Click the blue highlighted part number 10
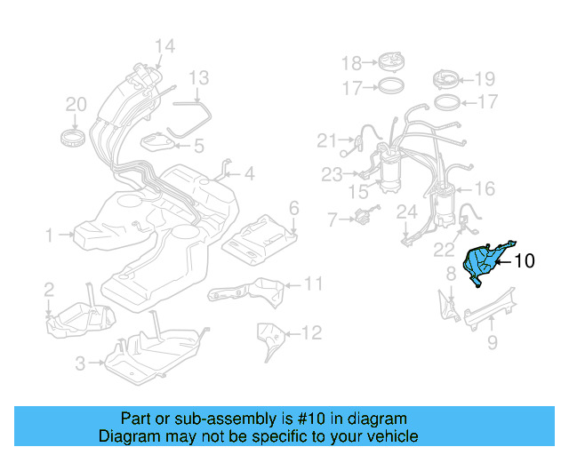[485, 261]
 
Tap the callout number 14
[164, 46]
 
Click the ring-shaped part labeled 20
[76, 138]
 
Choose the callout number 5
[198, 145]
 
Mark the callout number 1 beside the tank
[51, 235]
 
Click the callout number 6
[293, 209]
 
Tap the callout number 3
[80, 363]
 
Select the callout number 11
[312, 284]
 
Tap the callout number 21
[327, 140]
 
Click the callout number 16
[485, 188]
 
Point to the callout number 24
[406, 212]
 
